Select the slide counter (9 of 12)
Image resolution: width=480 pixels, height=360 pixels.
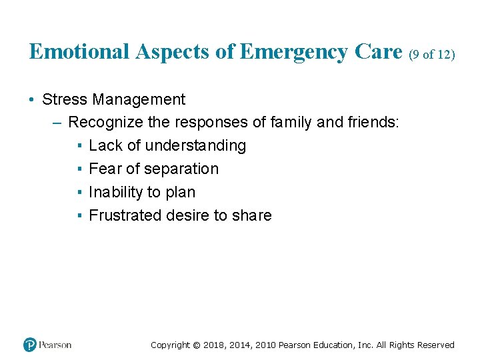point(431,54)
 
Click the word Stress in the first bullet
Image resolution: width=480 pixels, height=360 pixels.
point(65,100)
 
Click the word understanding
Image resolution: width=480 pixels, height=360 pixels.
point(195,146)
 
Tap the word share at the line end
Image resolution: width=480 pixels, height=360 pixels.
point(251,216)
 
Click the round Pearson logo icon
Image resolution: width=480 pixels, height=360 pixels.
point(29,345)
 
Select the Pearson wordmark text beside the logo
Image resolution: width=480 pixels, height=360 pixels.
point(55,345)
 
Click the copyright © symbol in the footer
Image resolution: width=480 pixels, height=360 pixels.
point(195,345)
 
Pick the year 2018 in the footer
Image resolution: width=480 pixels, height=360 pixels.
point(215,345)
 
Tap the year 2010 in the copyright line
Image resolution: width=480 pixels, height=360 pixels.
point(263,345)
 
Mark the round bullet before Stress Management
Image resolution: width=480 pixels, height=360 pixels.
point(32,100)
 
